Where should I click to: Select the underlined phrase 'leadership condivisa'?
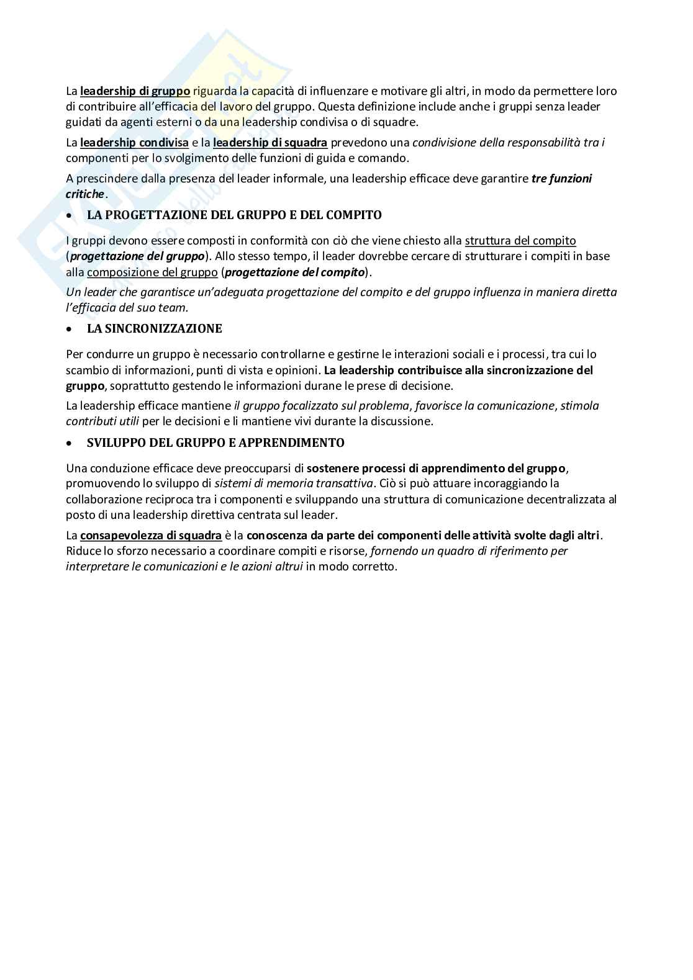point(134,143)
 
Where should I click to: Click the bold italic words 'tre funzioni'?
point(561,179)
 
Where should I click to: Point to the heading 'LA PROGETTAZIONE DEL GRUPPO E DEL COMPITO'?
point(234,215)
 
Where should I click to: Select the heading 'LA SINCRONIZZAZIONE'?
point(154,329)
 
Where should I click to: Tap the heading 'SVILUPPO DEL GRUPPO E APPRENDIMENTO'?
point(215,443)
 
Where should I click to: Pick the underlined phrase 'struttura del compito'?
point(520,241)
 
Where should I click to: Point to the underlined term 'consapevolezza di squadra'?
point(151,536)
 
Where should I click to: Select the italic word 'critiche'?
point(85,194)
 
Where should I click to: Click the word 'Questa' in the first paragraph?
point(335,107)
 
